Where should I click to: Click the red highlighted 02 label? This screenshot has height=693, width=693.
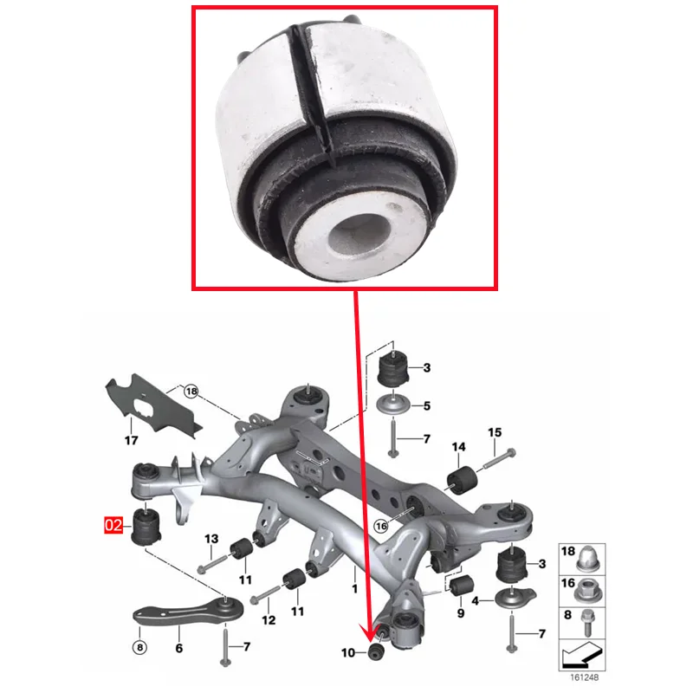[x=113, y=525]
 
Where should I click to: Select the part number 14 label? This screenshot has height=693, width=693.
[x=458, y=447]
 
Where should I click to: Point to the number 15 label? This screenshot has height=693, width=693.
[x=495, y=432]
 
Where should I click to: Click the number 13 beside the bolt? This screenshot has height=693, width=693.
[x=210, y=540]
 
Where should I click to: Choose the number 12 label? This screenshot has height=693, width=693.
[x=269, y=620]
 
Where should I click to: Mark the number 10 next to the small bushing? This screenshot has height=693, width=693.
[x=349, y=652]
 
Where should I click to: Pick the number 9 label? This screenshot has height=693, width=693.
[x=460, y=613]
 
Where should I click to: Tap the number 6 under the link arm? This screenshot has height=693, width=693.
[x=178, y=647]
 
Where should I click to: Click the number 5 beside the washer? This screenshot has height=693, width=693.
[x=426, y=405]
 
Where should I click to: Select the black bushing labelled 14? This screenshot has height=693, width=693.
[x=462, y=478]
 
